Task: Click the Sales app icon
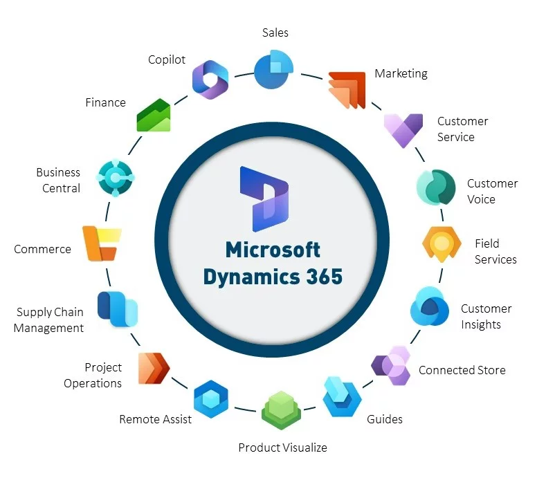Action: coord(273,70)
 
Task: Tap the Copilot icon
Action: coord(210,80)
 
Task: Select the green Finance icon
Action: coord(154,115)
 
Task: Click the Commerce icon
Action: coord(101,243)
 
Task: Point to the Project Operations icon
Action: coord(153,368)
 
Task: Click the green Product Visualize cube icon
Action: coord(280,411)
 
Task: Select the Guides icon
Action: coord(342,396)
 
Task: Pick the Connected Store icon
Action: coord(391,365)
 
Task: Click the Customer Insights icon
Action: coord(430,306)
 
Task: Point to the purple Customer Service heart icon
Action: coord(403,130)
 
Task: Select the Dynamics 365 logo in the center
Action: coord(264,198)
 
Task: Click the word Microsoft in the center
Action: coord(273,249)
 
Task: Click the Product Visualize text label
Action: coord(282,448)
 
